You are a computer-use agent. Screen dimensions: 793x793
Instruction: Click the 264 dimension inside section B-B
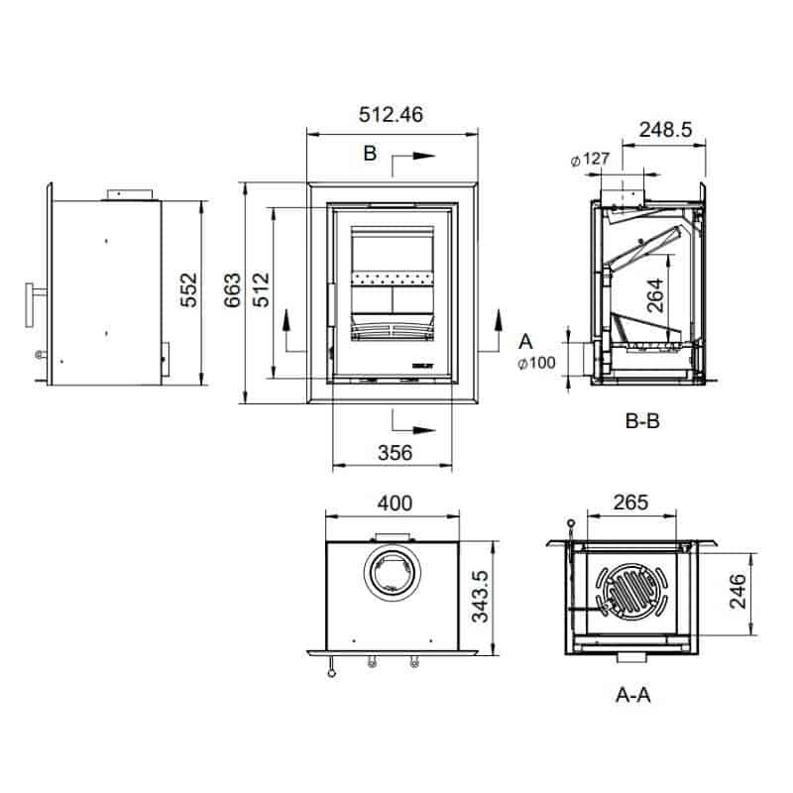coord(657,295)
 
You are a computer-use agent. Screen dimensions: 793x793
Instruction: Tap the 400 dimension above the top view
coord(394,504)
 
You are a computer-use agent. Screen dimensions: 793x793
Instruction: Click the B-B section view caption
coord(642,420)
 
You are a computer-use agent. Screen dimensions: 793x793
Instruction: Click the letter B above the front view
coord(369,155)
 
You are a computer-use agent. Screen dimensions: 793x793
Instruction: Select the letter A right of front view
coord(525,342)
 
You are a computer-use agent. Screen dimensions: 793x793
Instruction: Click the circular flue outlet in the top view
coord(394,574)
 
